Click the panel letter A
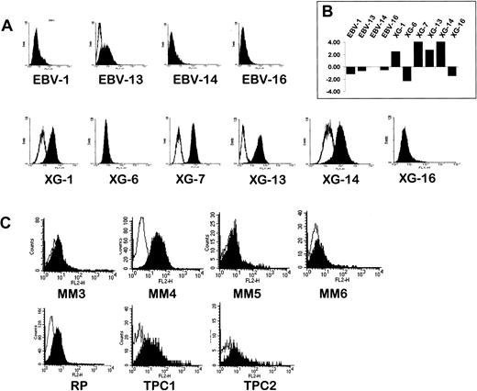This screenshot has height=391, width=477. [7, 27]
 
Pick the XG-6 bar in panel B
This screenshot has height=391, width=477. [407, 73]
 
